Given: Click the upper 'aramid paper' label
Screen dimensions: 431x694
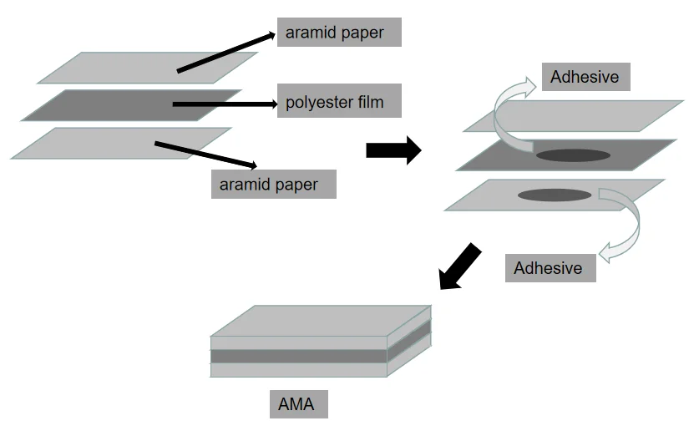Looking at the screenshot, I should (x=339, y=33).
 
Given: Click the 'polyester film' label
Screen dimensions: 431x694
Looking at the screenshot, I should (x=339, y=103).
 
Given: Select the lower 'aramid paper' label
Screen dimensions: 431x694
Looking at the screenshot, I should (x=273, y=184).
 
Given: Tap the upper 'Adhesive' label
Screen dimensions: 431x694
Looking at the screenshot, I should (x=585, y=77).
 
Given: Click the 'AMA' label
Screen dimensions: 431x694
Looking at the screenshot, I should (x=297, y=404).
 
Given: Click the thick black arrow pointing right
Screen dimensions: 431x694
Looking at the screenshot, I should (x=393, y=150).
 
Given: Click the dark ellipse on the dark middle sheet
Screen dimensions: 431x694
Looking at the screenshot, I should (x=573, y=155).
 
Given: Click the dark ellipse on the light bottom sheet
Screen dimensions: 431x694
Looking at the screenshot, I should (x=555, y=195).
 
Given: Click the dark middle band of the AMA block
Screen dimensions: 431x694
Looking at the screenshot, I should (x=298, y=356).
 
